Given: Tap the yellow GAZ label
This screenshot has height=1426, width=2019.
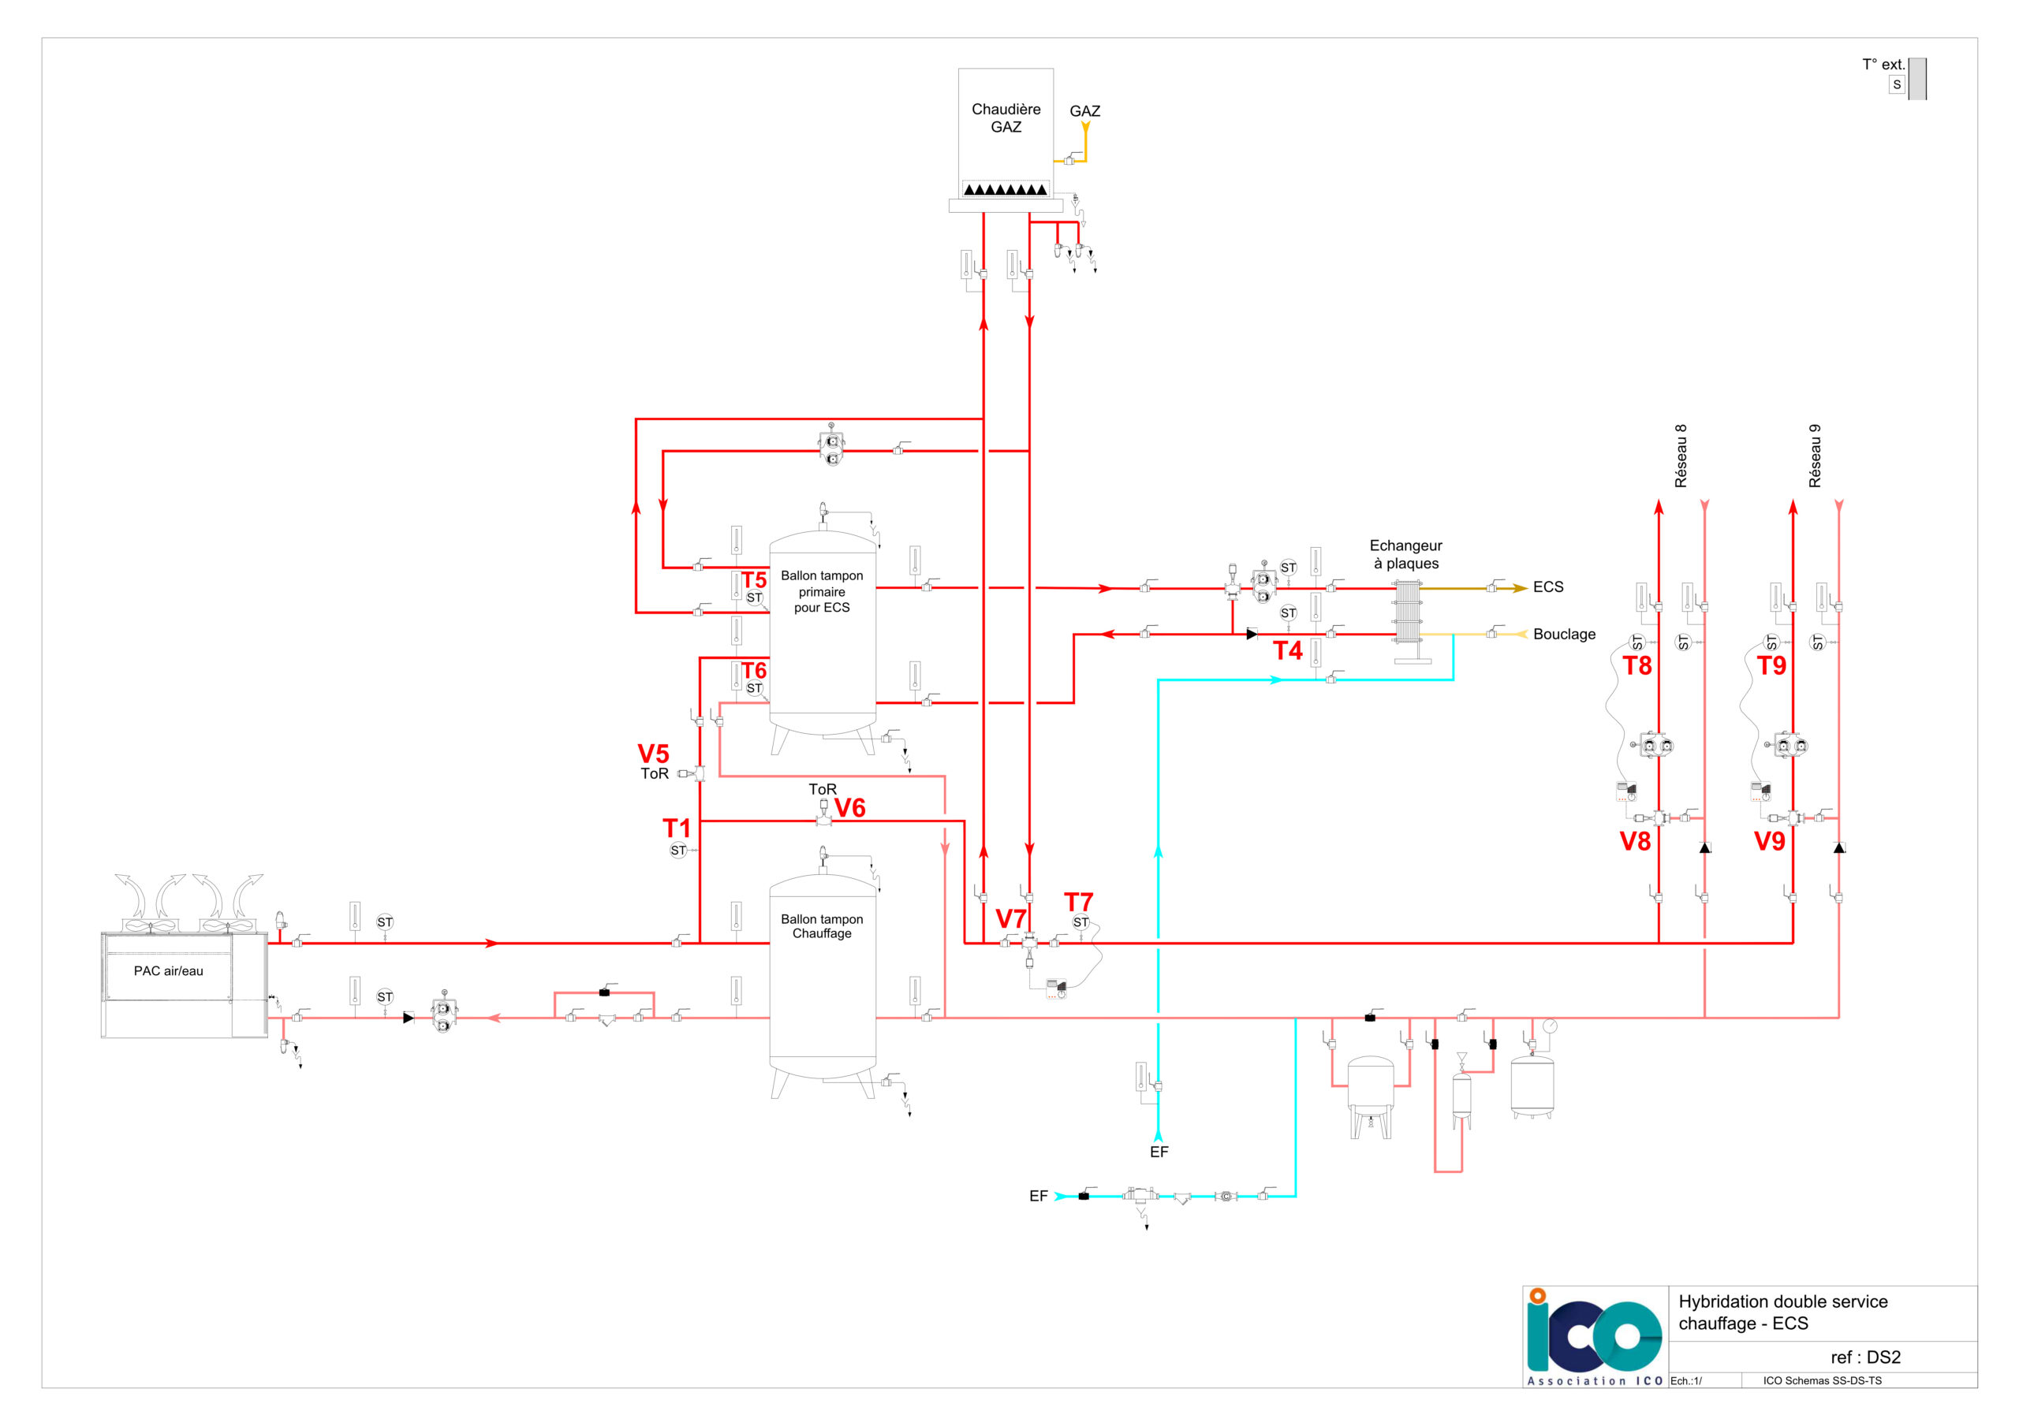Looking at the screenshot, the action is [1084, 111].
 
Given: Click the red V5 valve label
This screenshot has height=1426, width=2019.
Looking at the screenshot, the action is [653, 754].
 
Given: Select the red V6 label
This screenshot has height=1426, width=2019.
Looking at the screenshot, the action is [849, 807].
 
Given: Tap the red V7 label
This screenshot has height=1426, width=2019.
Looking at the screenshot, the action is [1010, 918].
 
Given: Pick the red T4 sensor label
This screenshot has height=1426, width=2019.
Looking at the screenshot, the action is [1287, 650].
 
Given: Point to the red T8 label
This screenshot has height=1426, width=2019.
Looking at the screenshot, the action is [1636, 665].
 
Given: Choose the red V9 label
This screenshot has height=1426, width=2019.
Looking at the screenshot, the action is [1769, 841].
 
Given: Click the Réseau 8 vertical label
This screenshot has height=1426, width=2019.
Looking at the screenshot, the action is [1681, 456].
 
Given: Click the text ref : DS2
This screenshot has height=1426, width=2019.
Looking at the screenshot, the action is [1865, 1357].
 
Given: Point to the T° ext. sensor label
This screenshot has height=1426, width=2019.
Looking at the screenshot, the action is [1883, 64].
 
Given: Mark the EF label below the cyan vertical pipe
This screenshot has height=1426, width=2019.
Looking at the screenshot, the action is [1159, 1152].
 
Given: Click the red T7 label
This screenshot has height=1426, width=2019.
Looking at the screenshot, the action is [1078, 901].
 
